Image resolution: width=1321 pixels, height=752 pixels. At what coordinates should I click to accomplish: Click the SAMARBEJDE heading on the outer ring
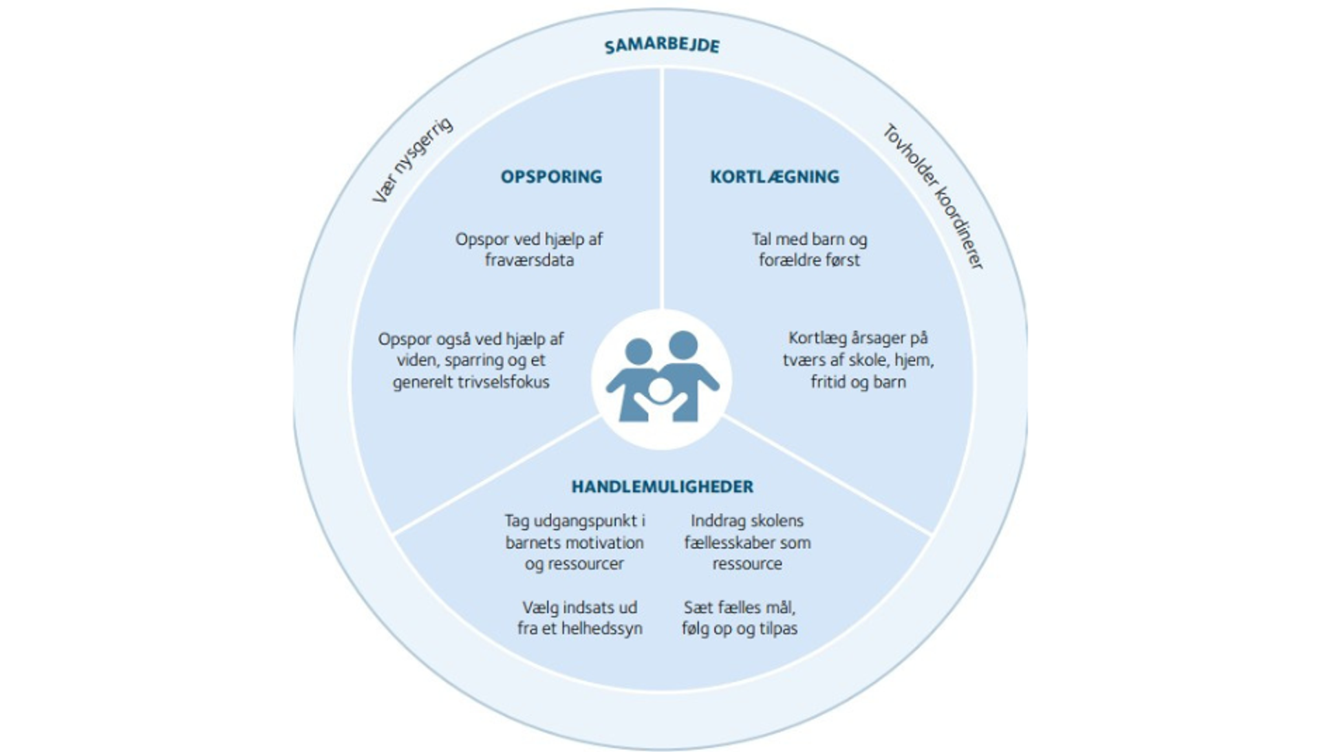(x=662, y=46)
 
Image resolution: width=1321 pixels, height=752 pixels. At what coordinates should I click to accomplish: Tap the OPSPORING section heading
(x=551, y=177)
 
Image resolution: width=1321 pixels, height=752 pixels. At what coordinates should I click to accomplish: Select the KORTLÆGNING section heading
(x=775, y=177)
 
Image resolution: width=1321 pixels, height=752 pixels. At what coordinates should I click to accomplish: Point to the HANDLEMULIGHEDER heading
(x=663, y=487)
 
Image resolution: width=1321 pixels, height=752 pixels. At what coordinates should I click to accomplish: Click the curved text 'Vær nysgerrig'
(x=412, y=160)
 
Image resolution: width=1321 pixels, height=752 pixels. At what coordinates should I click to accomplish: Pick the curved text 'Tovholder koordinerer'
(x=933, y=196)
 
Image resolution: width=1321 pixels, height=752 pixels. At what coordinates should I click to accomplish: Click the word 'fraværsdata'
(x=529, y=260)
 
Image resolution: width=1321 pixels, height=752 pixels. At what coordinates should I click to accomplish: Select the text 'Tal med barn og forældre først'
(x=809, y=250)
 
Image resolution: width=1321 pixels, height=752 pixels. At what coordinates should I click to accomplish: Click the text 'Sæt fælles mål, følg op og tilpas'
(x=740, y=618)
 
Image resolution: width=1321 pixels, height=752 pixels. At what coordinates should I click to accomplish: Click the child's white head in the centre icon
(x=659, y=391)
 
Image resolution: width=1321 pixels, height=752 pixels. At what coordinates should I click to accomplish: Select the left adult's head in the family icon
(x=638, y=351)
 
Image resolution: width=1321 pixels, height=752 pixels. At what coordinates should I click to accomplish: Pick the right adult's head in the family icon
(x=683, y=345)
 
